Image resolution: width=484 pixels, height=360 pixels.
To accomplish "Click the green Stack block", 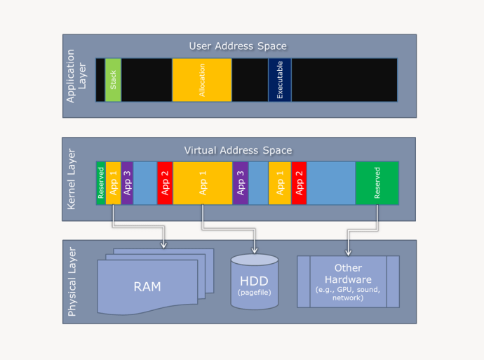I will point(113,80).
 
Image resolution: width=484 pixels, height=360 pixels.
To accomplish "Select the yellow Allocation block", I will point(202,80).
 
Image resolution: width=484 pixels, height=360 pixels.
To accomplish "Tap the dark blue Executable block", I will point(280,80).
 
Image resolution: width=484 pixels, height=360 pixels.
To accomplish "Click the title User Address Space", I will point(238,46).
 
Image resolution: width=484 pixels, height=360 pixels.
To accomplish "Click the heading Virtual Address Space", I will point(238,150).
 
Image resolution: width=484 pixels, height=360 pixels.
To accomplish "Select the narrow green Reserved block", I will point(101,183).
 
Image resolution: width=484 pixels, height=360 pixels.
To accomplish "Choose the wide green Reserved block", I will point(377,183).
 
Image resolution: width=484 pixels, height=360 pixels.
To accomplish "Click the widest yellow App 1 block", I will point(203,183).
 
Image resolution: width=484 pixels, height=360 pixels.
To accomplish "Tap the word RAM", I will point(147,286).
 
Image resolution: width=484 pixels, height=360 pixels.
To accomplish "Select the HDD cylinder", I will point(255,282).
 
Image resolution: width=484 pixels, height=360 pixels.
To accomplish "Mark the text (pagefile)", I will point(255,291).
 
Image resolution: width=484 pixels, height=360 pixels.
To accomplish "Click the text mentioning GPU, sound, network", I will point(348,293).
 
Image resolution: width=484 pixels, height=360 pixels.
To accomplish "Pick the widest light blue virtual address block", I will point(331,183).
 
